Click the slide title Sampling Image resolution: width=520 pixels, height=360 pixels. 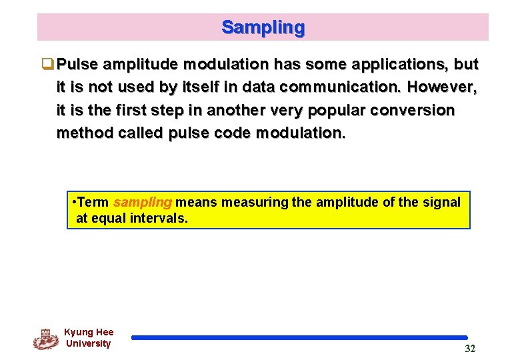point(263,27)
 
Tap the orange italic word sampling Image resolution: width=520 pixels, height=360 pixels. point(143,202)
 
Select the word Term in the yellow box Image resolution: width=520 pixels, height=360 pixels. point(94,202)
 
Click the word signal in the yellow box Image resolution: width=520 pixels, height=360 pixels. point(443,202)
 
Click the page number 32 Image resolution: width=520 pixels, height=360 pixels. point(470,349)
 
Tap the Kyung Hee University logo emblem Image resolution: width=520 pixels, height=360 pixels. point(45,339)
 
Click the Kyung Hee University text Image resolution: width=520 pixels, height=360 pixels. point(88,338)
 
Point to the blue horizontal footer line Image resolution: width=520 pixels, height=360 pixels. point(299,338)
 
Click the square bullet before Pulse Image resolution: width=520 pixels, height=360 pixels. point(47,65)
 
